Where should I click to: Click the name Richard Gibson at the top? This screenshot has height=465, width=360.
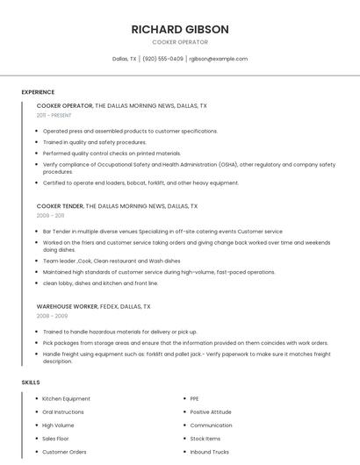pyautogui.click(x=180, y=29)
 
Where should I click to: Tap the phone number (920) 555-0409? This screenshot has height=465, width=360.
pyautogui.click(x=162, y=59)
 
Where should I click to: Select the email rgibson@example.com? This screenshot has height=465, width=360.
pyautogui.click(x=218, y=59)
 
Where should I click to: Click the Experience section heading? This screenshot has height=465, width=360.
pyautogui.click(x=38, y=92)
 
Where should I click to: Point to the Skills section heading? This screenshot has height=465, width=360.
pyautogui.click(x=31, y=383)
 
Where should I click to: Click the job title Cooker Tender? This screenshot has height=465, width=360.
pyautogui.click(x=60, y=206)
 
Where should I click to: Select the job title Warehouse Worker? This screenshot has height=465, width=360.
pyautogui.click(x=66, y=307)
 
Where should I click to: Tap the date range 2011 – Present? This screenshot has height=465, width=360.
pyautogui.click(x=54, y=115)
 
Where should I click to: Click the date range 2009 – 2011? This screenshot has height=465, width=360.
pyautogui.click(x=50, y=215)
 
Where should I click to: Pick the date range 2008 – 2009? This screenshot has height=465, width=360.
pyautogui.click(x=50, y=316)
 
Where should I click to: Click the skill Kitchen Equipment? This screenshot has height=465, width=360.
pyautogui.click(x=66, y=399)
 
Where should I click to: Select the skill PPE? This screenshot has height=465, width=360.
pyautogui.click(x=194, y=399)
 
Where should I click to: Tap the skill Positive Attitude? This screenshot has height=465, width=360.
pyautogui.click(x=211, y=412)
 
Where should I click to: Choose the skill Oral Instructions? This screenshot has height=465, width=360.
pyautogui.click(x=63, y=412)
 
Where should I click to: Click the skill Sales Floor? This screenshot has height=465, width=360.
pyautogui.click(x=55, y=439)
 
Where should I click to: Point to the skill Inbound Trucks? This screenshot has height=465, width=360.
pyautogui.click(x=209, y=452)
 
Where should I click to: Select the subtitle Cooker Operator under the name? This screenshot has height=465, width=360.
pyautogui.click(x=180, y=42)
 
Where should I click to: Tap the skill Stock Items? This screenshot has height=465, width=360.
pyautogui.click(x=205, y=439)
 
